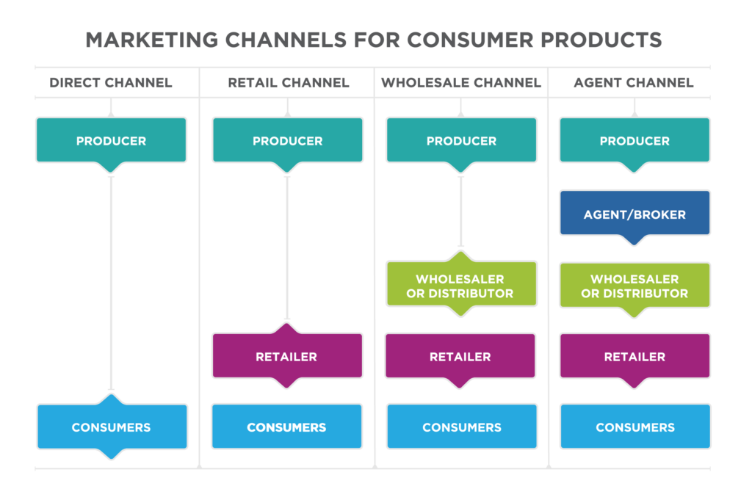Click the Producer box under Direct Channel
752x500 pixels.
112,140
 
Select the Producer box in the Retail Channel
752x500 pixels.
288,140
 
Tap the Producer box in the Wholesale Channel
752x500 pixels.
461,140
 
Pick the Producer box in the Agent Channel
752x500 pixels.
634,140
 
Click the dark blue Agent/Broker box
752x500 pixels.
634,214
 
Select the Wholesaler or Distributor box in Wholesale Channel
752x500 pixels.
461,286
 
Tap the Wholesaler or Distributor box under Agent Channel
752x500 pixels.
634,286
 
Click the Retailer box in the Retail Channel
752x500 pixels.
287,356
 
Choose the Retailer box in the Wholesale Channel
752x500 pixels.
460,356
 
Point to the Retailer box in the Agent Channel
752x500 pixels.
634,356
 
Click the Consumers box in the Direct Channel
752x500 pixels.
112,427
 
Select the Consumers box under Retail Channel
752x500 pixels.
287,427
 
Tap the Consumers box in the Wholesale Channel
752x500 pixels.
462,427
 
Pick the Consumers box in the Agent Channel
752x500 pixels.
635,427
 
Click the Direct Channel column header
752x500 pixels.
111,83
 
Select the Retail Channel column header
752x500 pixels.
288,83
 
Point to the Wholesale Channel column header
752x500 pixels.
461,83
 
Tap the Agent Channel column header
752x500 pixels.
634,83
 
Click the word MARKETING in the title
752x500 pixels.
151,40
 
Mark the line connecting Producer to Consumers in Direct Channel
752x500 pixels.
112,283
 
